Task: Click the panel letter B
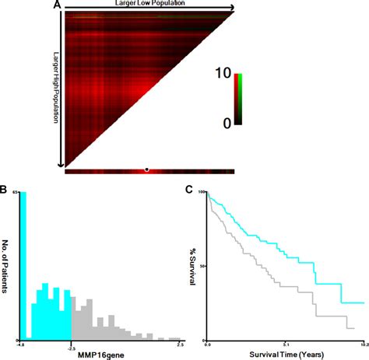pos(5,189)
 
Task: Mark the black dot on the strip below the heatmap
pos(146,169)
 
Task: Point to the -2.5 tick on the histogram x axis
pos(72,344)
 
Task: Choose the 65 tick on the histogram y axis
pos(15,193)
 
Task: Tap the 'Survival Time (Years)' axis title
pos(286,355)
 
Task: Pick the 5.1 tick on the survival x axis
pos(286,344)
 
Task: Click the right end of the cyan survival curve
pos(364,302)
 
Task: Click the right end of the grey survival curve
pos(354,329)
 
